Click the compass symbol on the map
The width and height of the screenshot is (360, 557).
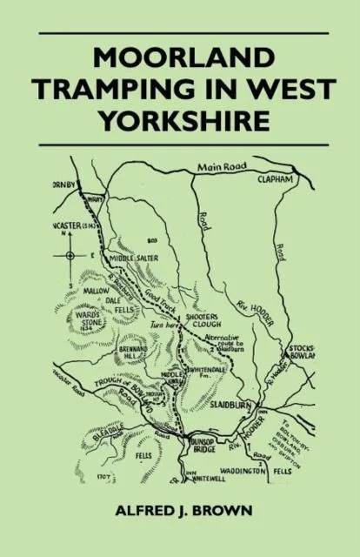69,255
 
